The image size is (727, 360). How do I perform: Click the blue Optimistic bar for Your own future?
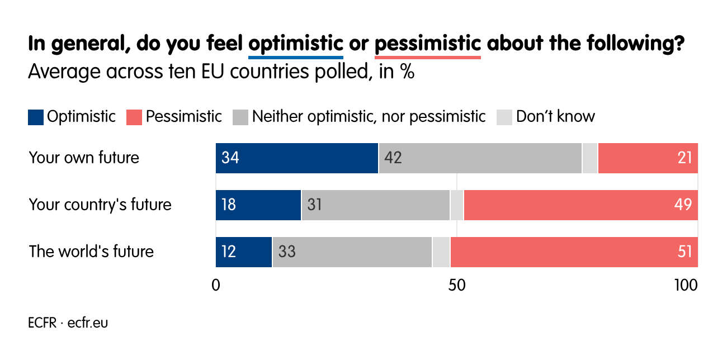(x=297, y=158)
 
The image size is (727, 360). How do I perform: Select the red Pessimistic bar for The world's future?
(x=574, y=252)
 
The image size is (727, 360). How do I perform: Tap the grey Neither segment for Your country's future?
(x=375, y=205)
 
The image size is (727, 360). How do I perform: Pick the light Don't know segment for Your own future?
(x=589, y=158)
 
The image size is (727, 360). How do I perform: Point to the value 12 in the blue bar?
(x=228, y=252)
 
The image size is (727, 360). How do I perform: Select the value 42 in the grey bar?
(x=393, y=158)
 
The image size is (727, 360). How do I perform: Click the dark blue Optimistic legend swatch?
(x=36, y=117)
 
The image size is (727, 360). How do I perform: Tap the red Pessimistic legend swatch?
(x=134, y=117)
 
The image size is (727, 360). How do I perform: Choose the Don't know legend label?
(x=555, y=116)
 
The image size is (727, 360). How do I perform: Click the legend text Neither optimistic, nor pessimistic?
(x=369, y=116)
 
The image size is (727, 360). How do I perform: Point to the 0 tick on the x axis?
(x=216, y=285)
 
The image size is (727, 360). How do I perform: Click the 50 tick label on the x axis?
(x=457, y=285)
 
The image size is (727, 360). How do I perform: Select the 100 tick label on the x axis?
(x=686, y=285)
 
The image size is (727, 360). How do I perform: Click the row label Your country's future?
(x=100, y=205)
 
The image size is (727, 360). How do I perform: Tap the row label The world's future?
(x=91, y=252)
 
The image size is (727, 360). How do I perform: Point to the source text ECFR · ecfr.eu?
(x=68, y=323)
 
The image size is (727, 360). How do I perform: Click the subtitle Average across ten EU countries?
(x=221, y=72)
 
